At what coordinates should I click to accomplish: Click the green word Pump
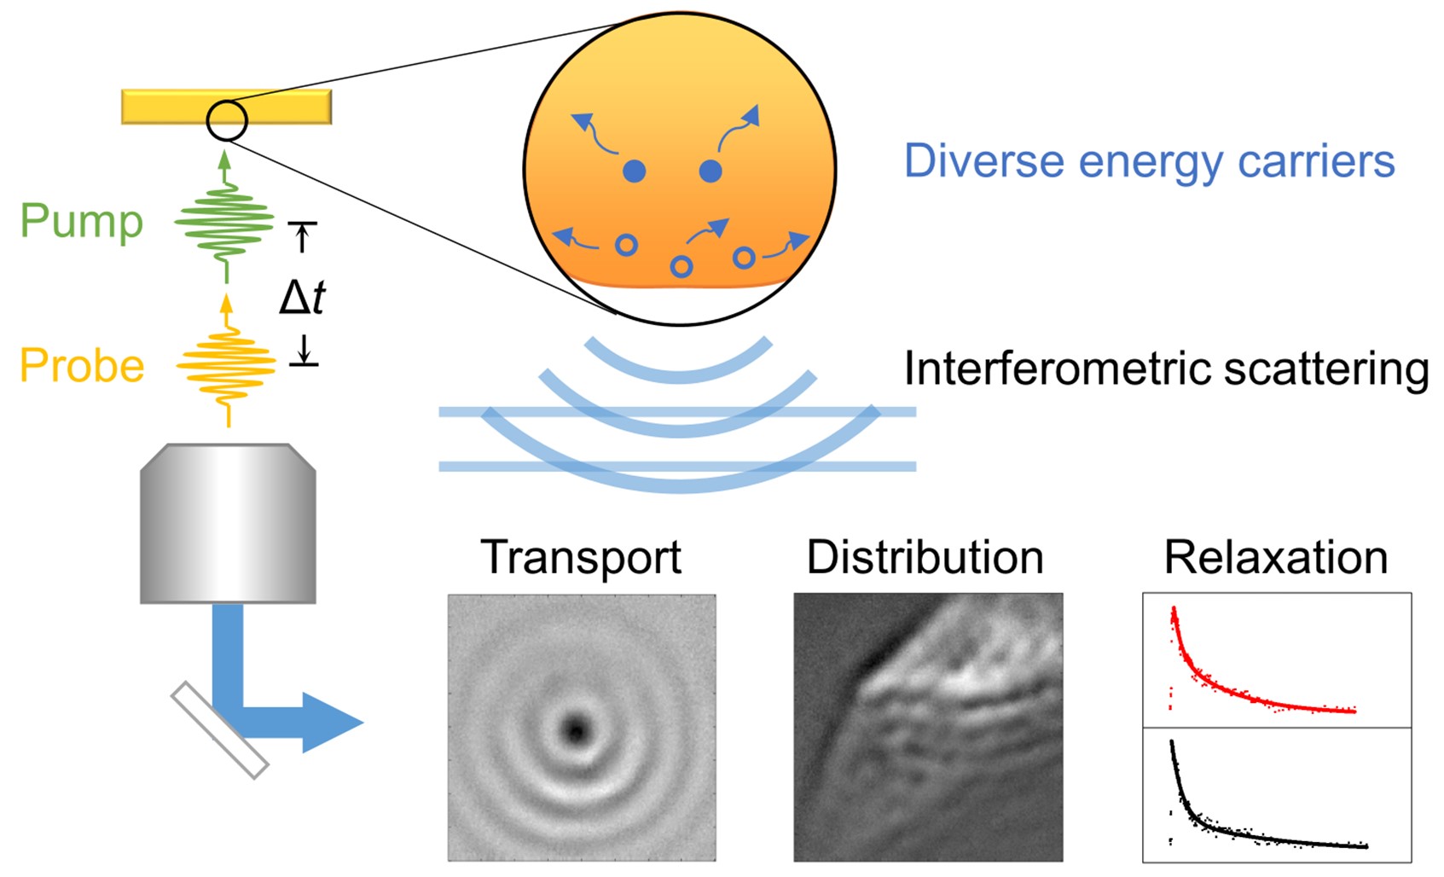click(x=81, y=222)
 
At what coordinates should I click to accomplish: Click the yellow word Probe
click(x=82, y=366)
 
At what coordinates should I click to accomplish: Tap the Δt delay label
click(x=303, y=297)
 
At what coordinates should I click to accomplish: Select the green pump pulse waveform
click(x=225, y=224)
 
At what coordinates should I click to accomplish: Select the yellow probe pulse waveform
click(x=227, y=366)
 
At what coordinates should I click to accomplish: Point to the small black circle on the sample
click(x=227, y=120)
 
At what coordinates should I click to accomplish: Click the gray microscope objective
click(x=228, y=523)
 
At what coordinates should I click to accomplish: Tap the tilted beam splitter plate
click(x=220, y=730)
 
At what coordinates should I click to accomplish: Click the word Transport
click(x=581, y=557)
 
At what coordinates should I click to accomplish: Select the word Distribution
click(x=925, y=557)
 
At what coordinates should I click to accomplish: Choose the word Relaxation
click(x=1275, y=557)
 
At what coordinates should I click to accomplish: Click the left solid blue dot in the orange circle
click(x=634, y=171)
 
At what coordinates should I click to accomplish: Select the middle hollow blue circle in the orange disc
click(x=681, y=267)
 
